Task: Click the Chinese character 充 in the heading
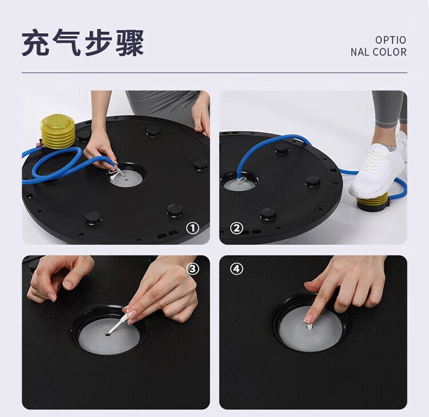click(36, 43)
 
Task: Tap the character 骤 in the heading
click(130, 43)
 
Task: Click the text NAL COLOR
click(379, 52)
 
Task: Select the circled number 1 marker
click(193, 228)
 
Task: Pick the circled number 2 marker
click(236, 228)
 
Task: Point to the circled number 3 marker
click(193, 269)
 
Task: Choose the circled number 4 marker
click(236, 269)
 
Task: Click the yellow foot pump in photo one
click(58, 131)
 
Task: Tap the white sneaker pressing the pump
click(376, 170)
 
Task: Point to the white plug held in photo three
click(118, 323)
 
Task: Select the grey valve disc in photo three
click(109, 336)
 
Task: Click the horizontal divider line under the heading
click(214, 73)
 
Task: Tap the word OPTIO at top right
click(391, 40)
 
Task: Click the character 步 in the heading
click(98, 43)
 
